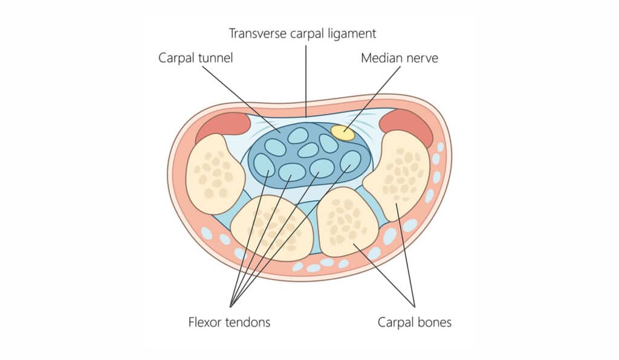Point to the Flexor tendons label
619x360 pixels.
[229, 322]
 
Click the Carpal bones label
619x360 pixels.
[414, 322]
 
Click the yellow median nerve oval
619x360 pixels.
[343, 133]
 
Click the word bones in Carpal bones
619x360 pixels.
[433, 322]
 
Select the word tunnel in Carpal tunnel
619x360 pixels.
[211, 59]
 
